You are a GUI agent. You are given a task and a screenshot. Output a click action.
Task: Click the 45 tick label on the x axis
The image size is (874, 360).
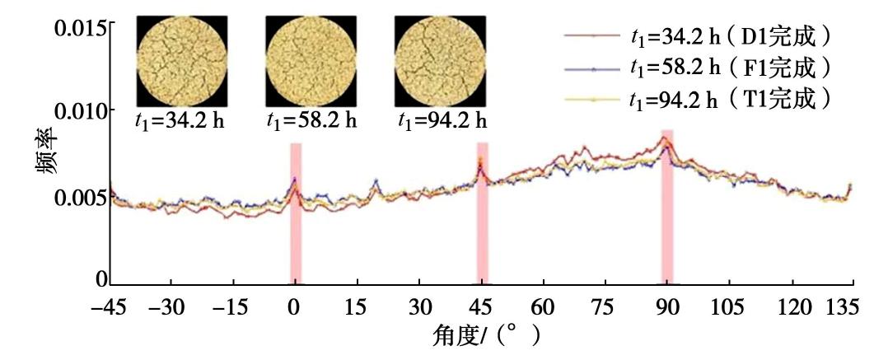click(482, 307)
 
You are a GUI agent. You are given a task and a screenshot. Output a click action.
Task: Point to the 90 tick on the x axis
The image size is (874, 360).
click(667, 307)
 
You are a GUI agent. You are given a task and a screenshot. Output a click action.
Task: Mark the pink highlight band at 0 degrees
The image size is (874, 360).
click(296, 213)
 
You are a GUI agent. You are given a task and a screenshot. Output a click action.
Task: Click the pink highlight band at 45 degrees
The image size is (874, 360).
click(483, 213)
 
